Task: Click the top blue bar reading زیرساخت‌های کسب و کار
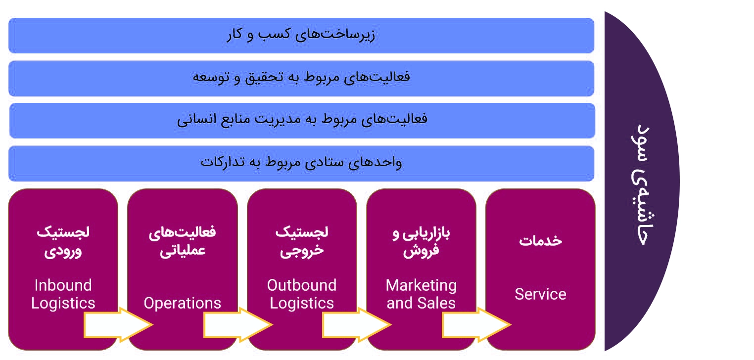coord(301,35)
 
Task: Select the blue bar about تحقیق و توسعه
coord(301,79)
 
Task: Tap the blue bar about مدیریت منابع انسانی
coord(302,121)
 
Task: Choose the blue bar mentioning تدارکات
coord(301,164)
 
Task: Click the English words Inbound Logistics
coord(63,294)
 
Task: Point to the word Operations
coord(183,303)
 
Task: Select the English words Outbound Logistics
coord(302,294)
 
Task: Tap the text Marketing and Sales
coord(421,294)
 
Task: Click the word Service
coord(540,294)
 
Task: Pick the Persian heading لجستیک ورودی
coord(63,242)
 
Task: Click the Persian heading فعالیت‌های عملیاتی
coord(183,242)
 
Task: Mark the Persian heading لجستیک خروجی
coord(302,242)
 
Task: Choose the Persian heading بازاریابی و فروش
coord(421,242)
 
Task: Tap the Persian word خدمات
coord(540,240)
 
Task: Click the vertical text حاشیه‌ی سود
coord(642,184)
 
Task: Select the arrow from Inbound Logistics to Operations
coord(118,325)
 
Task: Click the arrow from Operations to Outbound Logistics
coord(237,325)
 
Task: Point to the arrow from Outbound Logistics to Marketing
coord(357,325)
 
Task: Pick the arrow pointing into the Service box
coord(476,325)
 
